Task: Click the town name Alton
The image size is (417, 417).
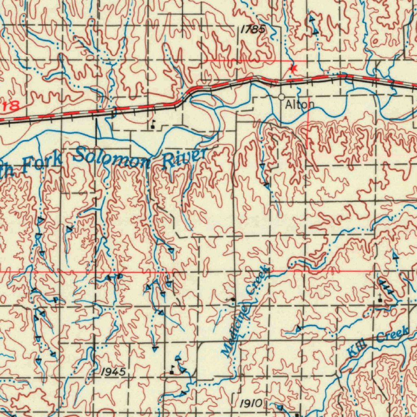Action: (300, 105)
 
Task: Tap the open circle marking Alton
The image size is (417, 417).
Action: (281, 97)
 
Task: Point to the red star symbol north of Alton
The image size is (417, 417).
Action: (293, 69)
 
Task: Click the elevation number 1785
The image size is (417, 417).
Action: (252, 29)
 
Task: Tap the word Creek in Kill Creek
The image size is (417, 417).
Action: (392, 335)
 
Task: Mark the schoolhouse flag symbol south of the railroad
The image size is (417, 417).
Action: (153, 125)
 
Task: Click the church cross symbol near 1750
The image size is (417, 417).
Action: (380, 298)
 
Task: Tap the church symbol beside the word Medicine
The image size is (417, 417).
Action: (232, 300)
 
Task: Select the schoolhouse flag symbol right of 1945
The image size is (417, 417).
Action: (172, 370)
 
